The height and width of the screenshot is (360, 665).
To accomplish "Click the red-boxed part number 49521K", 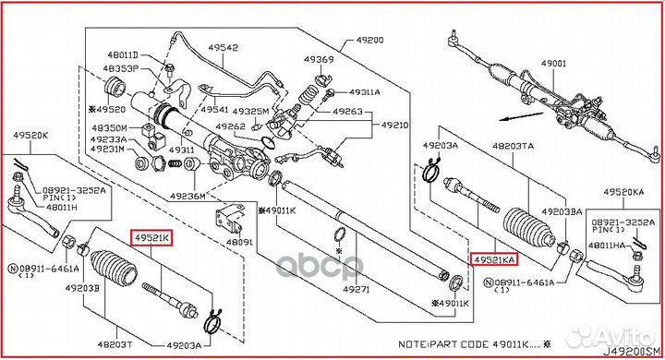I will [x=151, y=238].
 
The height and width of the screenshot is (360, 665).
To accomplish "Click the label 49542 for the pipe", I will [x=222, y=48].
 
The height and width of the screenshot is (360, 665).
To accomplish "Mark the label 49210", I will [x=395, y=125].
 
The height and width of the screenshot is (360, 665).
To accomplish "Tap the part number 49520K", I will [x=30, y=135].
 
